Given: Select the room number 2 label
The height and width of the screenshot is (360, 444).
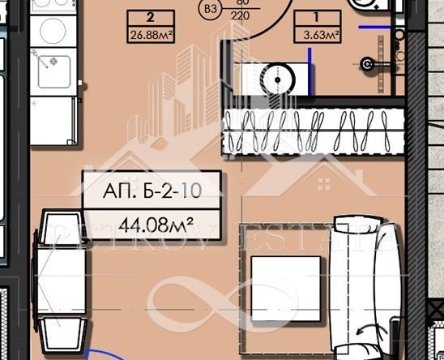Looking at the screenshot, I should (x=152, y=16).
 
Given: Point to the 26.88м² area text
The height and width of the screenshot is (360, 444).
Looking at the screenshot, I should (x=152, y=35).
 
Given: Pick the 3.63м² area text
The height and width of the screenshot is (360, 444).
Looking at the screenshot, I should (x=317, y=35).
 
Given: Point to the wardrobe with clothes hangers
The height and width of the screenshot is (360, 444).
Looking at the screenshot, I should (x=314, y=130).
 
